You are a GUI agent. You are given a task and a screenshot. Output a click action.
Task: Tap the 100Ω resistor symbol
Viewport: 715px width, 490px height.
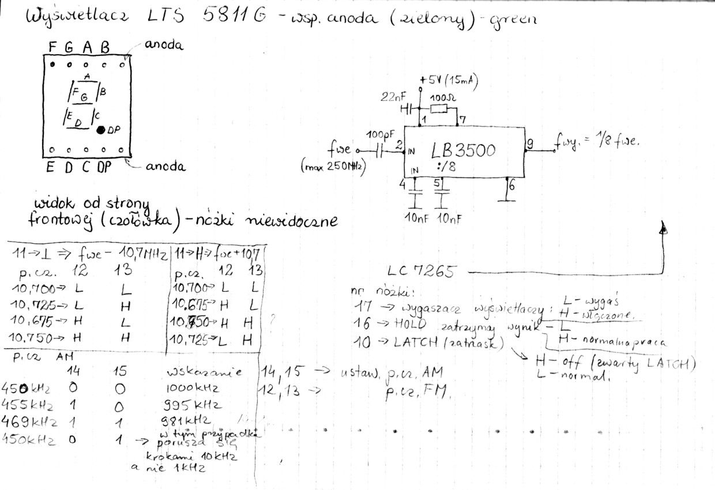(439, 108)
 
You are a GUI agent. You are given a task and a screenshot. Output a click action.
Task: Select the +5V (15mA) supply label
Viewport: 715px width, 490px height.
(449, 80)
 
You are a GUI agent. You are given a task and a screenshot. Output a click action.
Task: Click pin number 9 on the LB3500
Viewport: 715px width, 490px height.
(529, 145)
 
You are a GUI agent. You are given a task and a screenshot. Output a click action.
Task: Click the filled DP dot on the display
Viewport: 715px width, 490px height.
(101, 130)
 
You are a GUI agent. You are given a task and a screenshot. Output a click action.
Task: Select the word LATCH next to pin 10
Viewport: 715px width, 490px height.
(416, 343)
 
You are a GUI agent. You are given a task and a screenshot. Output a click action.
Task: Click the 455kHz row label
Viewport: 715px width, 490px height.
(28, 405)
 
